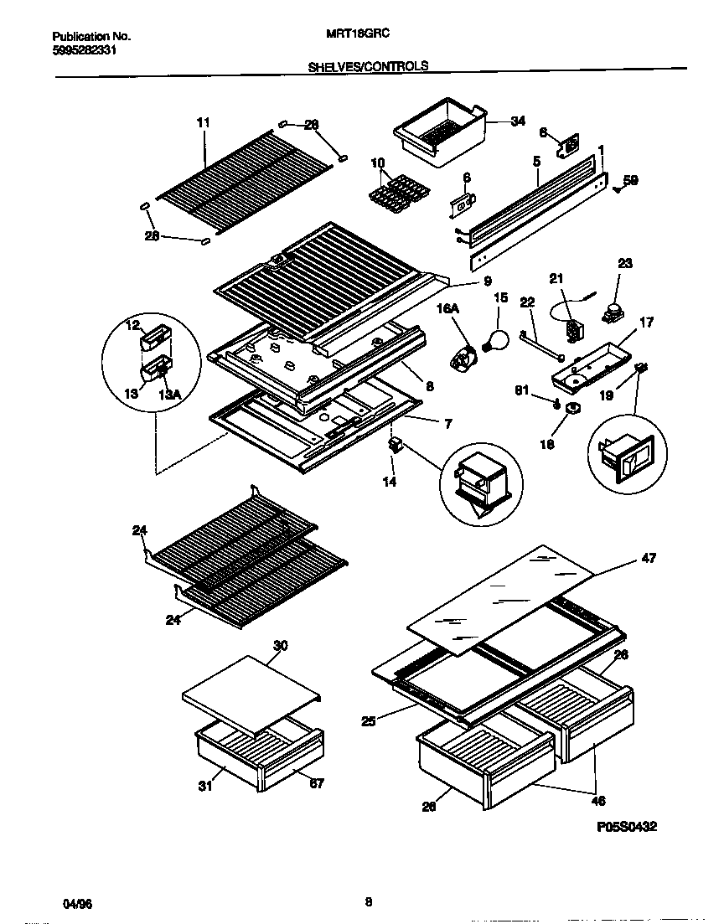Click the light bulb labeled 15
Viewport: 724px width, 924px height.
pyautogui.click(x=497, y=339)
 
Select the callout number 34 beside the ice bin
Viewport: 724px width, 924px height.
pyautogui.click(x=518, y=121)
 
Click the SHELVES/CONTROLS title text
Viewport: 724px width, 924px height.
pyautogui.click(x=368, y=65)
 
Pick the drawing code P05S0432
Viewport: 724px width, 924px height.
pyautogui.click(x=626, y=826)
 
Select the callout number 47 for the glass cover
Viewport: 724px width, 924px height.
pyautogui.click(x=649, y=558)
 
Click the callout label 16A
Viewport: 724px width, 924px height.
pyautogui.click(x=449, y=309)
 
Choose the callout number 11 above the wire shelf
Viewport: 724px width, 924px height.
pyautogui.click(x=204, y=122)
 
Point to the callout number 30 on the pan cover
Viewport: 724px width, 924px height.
pyautogui.click(x=281, y=645)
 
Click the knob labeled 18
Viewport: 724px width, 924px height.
pyautogui.click(x=573, y=409)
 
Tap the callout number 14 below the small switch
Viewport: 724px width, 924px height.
pyautogui.click(x=390, y=483)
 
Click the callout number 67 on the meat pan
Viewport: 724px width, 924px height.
pyautogui.click(x=316, y=784)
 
